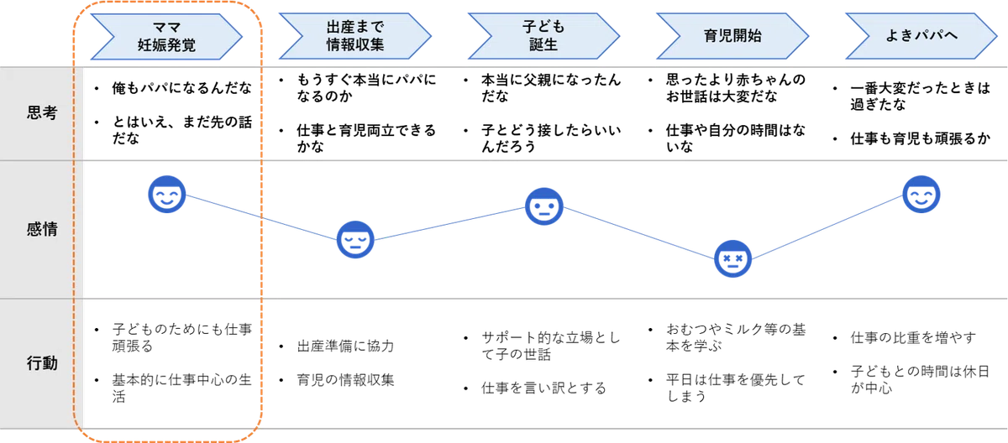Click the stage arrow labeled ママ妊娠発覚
click(166, 36)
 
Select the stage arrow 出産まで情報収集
click(355, 36)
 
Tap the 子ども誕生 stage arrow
click(543, 36)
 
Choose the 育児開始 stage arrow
click(732, 36)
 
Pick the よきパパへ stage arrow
click(921, 36)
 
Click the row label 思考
click(42, 112)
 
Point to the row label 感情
click(42, 229)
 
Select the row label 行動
click(42, 363)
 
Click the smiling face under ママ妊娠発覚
click(167, 194)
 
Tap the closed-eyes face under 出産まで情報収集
click(355, 239)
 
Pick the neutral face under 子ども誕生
click(544, 206)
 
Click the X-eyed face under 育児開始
click(732, 258)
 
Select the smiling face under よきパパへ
click(921, 194)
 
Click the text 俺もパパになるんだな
click(181, 88)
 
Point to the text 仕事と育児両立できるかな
click(366, 138)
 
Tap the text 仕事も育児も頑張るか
click(921, 138)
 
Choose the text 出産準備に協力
click(345, 346)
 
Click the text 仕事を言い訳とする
click(543, 388)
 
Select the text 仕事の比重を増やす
click(913, 337)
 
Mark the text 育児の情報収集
click(345, 380)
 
